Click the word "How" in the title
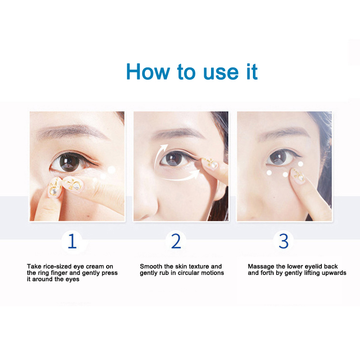pos(148,72)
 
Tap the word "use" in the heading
pos(221,73)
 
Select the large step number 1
pos(72,241)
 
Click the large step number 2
pos(176,241)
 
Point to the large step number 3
pos(283,241)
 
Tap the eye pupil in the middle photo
pos(174,158)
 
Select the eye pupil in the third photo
pos(279,157)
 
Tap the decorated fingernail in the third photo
pos(298,175)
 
